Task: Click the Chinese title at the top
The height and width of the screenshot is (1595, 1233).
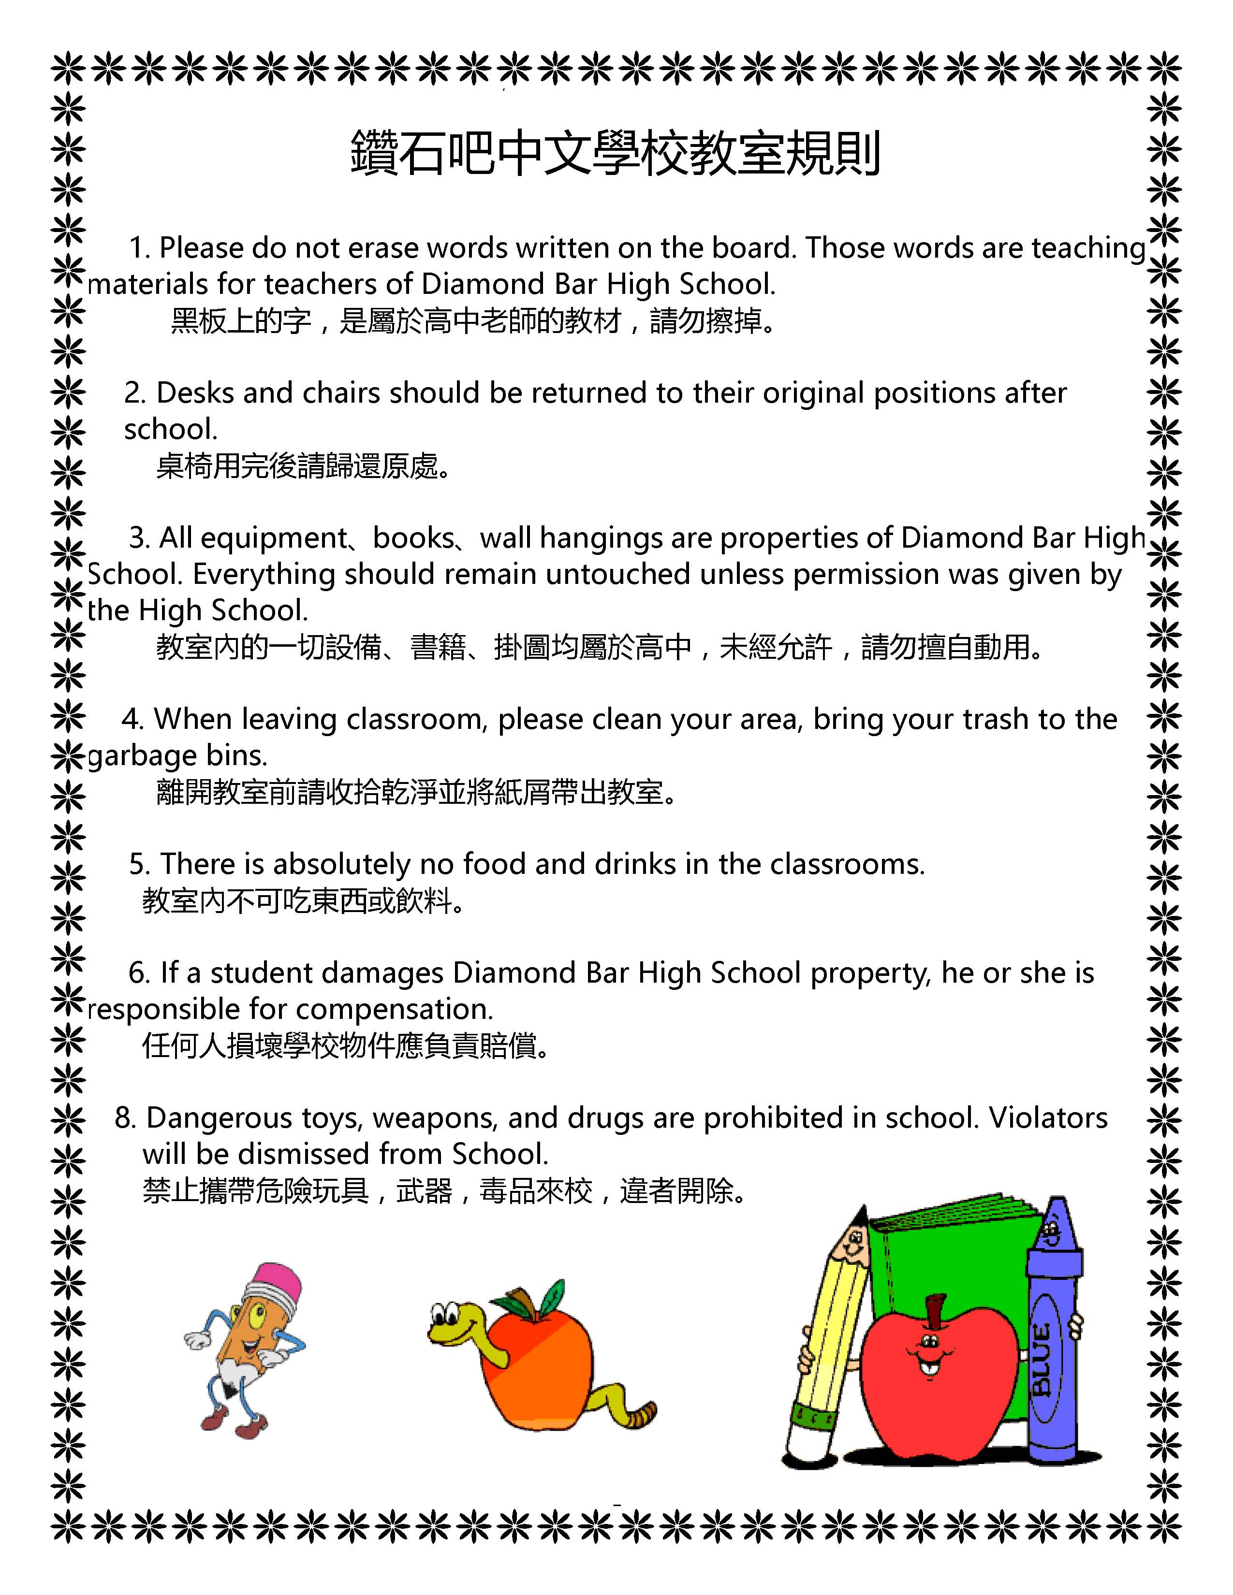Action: pos(616,153)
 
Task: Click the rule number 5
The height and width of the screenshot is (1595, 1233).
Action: pos(138,865)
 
